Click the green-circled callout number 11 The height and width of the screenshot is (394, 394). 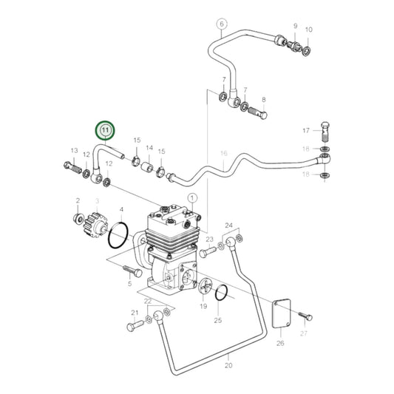click(x=105, y=131)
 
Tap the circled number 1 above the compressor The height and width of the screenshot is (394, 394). click(x=193, y=198)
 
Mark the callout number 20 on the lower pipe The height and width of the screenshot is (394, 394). click(x=228, y=366)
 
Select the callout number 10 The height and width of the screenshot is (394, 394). click(x=309, y=30)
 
